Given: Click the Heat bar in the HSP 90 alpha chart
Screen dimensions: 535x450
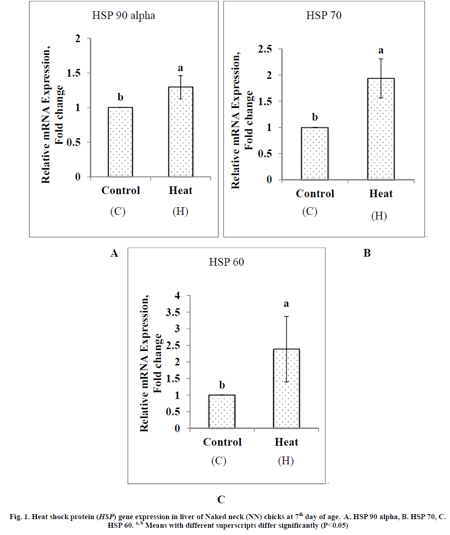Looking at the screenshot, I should point(181,131).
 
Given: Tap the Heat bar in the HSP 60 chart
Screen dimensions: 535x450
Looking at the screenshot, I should point(287,389).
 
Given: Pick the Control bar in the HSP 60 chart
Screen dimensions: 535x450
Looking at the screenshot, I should point(222,411).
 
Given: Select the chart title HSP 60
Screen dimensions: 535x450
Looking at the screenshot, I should point(226,262).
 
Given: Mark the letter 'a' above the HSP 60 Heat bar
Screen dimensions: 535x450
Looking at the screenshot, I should point(287,304).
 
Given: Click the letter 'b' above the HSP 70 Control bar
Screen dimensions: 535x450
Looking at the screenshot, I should point(315,117).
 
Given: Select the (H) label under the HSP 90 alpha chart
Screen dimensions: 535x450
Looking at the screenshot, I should point(181,212).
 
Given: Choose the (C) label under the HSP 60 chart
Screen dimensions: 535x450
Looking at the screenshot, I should point(219,461).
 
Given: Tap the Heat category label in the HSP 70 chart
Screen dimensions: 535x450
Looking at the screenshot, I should point(381,194).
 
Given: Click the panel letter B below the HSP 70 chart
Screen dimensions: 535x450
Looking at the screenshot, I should point(367,253).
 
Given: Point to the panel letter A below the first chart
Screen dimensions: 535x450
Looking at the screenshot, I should point(114,253).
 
